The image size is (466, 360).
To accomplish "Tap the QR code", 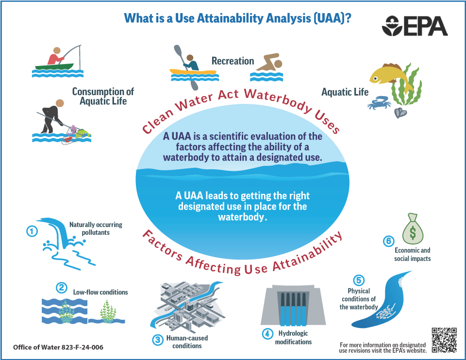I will tap(444, 340).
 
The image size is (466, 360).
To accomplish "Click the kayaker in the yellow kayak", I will tap(191, 65).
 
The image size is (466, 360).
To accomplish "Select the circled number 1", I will tap(32, 231).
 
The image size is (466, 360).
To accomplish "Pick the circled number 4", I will tap(267, 334).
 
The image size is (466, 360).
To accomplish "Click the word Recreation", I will tap(233, 61).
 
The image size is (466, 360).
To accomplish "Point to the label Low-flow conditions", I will tap(100, 292).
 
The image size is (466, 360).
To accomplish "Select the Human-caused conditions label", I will tap(187, 342).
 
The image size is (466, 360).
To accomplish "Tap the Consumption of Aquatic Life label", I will tap(103, 96).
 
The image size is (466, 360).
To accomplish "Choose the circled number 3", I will tap(158, 340).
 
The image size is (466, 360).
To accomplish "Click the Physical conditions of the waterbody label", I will tap(359, 299).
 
